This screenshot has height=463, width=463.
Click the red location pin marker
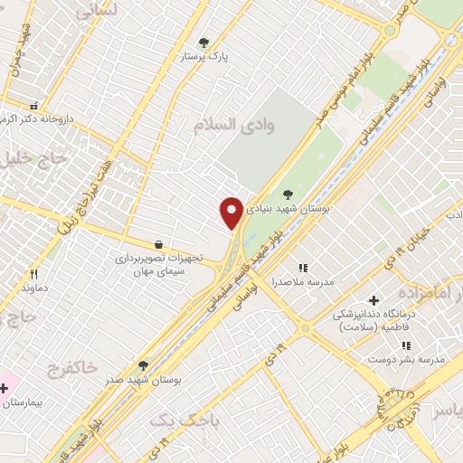click(232, 212)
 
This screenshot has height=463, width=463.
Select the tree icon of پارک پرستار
click(203, 42)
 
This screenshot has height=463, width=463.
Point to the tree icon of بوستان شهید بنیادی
click(288, 193)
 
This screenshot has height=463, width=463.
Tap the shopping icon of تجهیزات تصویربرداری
click(159, 244)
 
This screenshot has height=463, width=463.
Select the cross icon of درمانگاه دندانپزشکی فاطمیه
click(373, 300)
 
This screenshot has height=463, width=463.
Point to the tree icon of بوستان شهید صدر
click(143, 365)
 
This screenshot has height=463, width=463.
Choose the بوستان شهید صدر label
click(150, 381)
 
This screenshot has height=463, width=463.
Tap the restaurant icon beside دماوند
click(33, 274)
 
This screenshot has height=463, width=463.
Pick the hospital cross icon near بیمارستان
click(5, 389)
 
